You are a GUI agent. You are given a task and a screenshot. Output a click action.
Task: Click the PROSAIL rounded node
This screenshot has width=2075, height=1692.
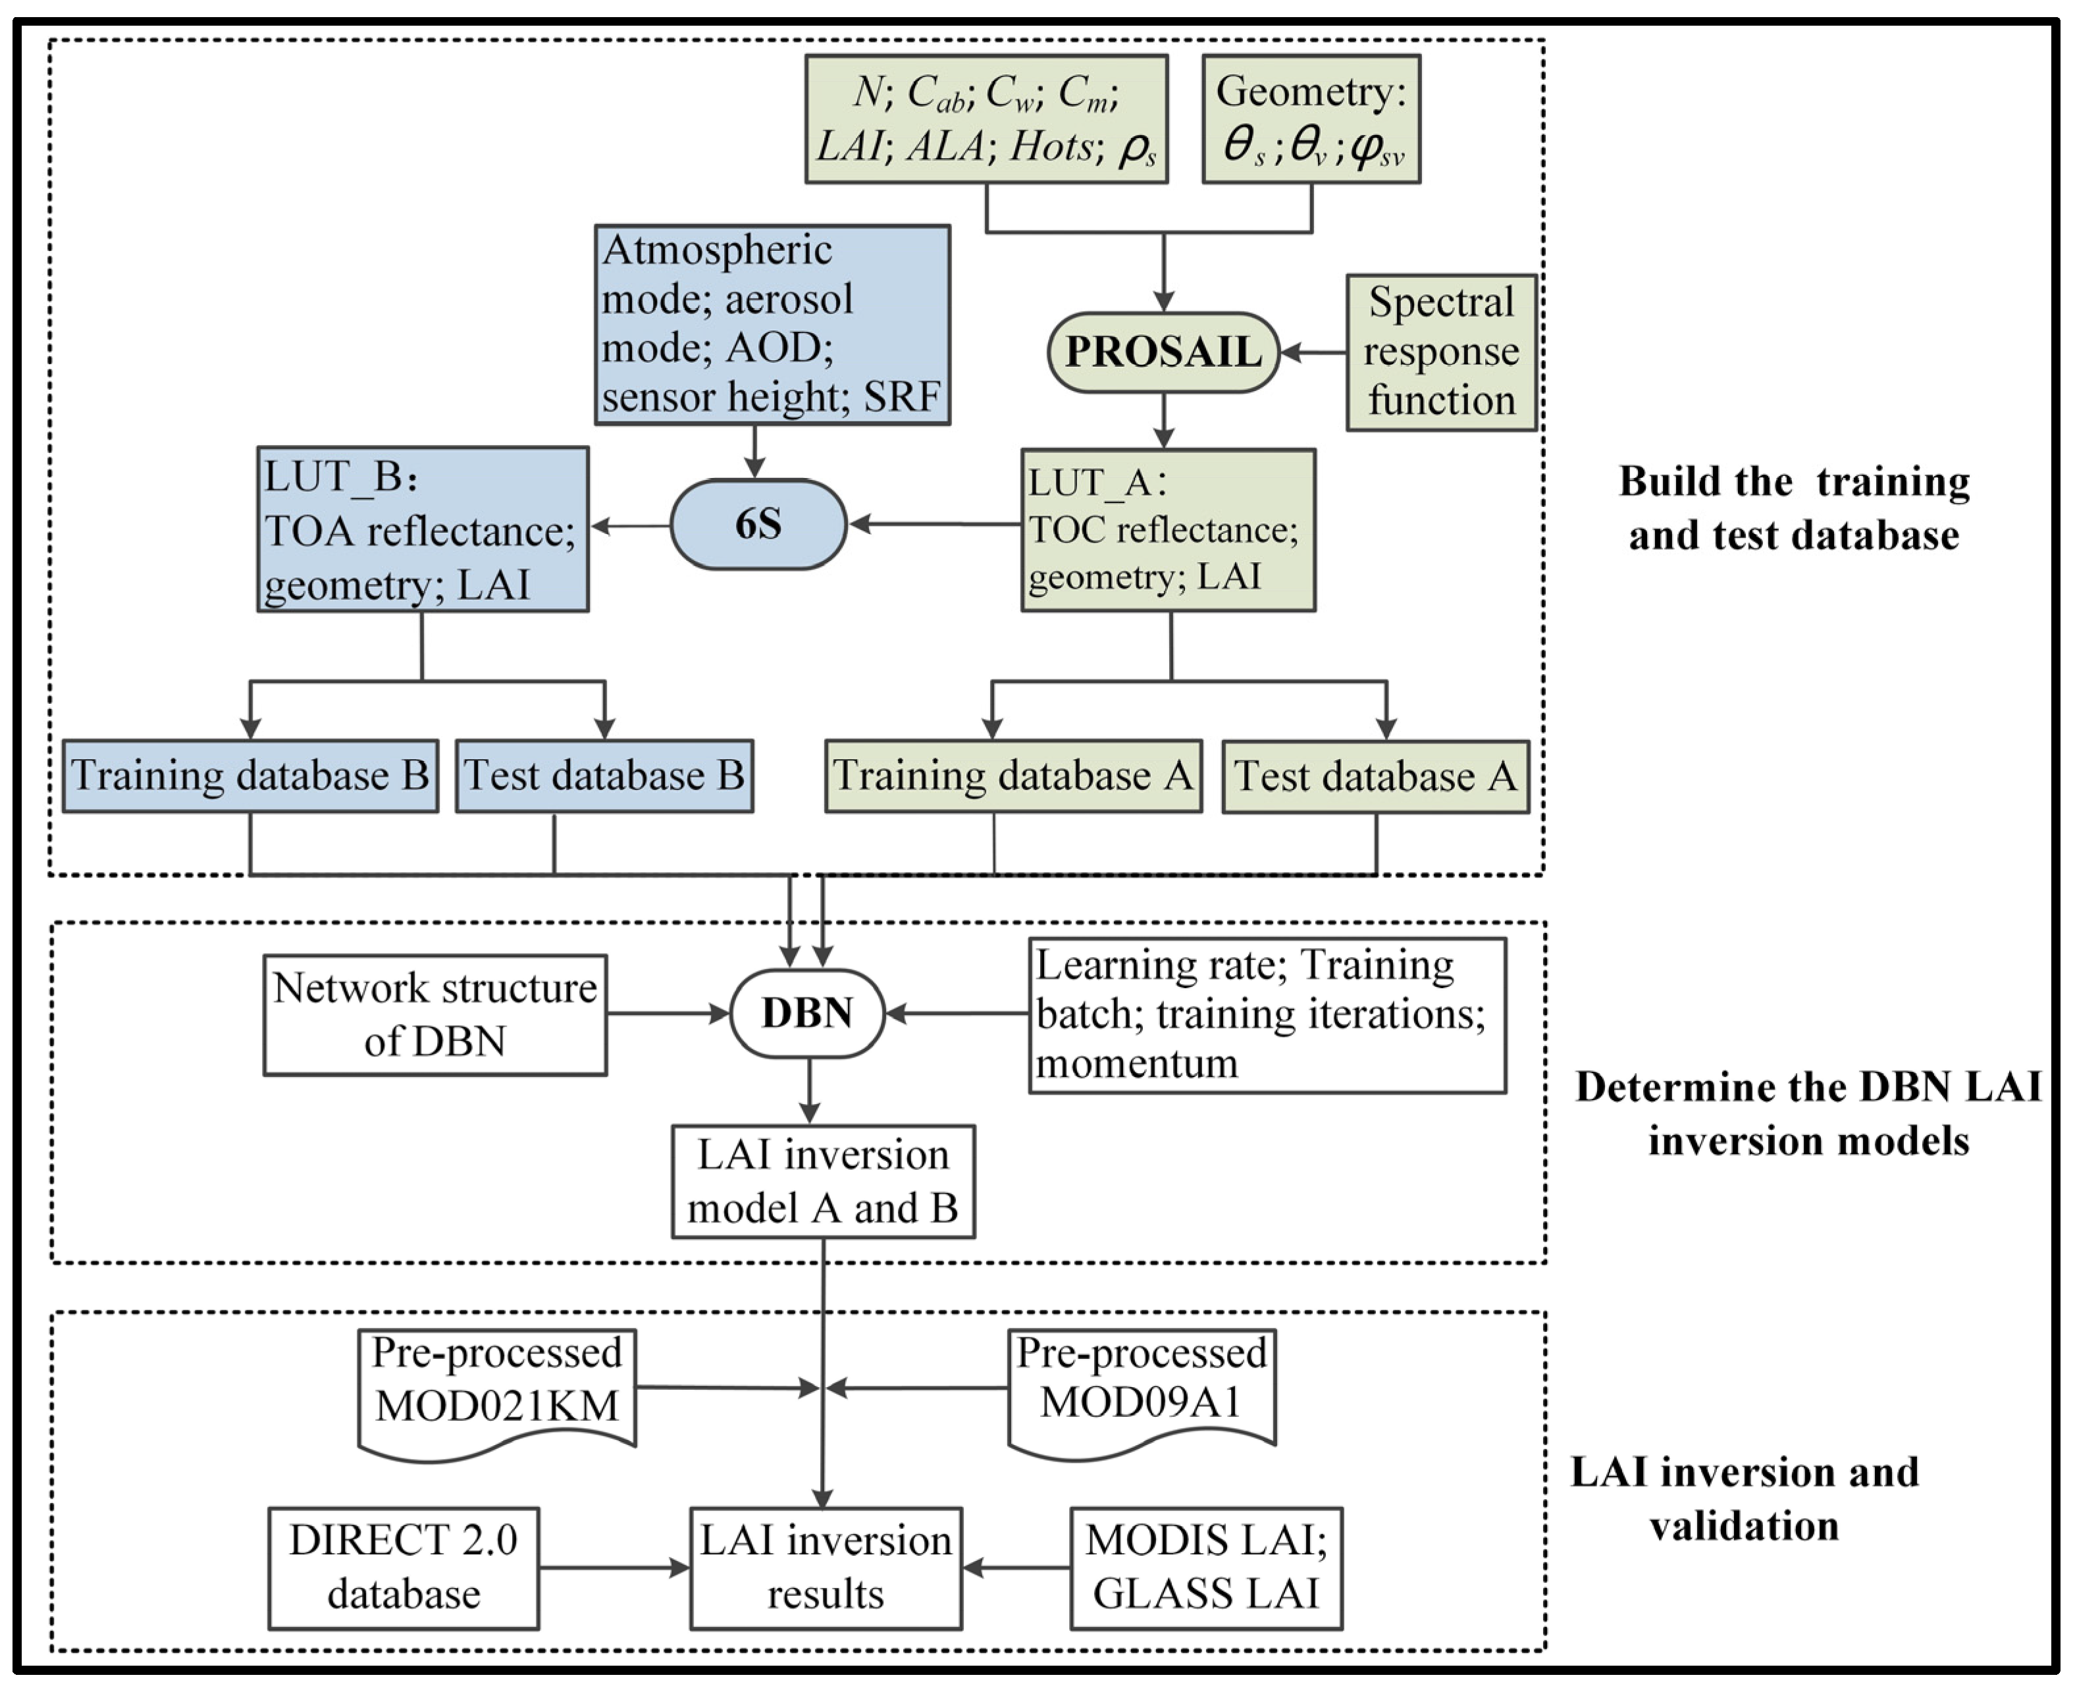(1163, 352)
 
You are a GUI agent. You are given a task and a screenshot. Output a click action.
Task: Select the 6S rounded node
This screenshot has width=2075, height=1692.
(757, 524)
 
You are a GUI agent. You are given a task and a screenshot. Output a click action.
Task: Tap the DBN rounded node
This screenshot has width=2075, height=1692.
(807, 1013)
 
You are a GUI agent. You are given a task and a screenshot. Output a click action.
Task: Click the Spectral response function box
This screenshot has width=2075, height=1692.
(1440, 352)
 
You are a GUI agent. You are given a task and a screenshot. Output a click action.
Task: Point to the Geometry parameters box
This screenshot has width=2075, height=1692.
(1311, 119)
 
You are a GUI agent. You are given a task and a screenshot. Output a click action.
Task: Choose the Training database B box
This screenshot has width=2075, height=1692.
(250, 776)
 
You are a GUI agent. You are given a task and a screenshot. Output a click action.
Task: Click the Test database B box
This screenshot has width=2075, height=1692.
(604, 776)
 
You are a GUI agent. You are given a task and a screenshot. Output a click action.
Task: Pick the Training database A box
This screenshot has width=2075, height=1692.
(1012, 776)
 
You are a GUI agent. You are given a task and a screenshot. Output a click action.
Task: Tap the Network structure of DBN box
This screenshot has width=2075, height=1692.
(434, 1015)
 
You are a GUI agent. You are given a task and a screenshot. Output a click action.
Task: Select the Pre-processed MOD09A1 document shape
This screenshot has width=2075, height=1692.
(1142, 1389)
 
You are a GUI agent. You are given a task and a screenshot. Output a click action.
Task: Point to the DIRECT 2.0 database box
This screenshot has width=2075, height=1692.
(404, 1568)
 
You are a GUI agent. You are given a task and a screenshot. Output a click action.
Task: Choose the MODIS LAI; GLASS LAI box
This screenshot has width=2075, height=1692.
(1205, 1568)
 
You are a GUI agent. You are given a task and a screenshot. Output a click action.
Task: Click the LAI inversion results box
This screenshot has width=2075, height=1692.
(826, 1568)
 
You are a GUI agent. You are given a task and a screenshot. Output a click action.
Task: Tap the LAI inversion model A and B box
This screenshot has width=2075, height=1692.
(823, 1181)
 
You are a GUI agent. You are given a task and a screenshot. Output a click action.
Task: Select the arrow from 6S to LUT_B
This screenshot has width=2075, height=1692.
(631, 525)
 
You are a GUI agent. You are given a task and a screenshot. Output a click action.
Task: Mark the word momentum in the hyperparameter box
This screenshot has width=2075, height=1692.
(1136, 1063)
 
